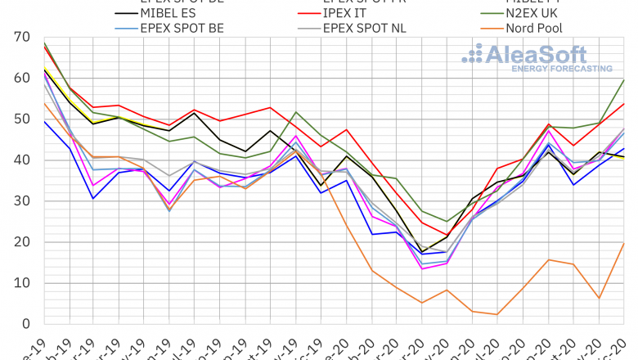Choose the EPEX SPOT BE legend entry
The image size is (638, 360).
point(190,28)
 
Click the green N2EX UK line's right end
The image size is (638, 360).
point(625,79)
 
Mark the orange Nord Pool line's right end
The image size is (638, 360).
point(625,243)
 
